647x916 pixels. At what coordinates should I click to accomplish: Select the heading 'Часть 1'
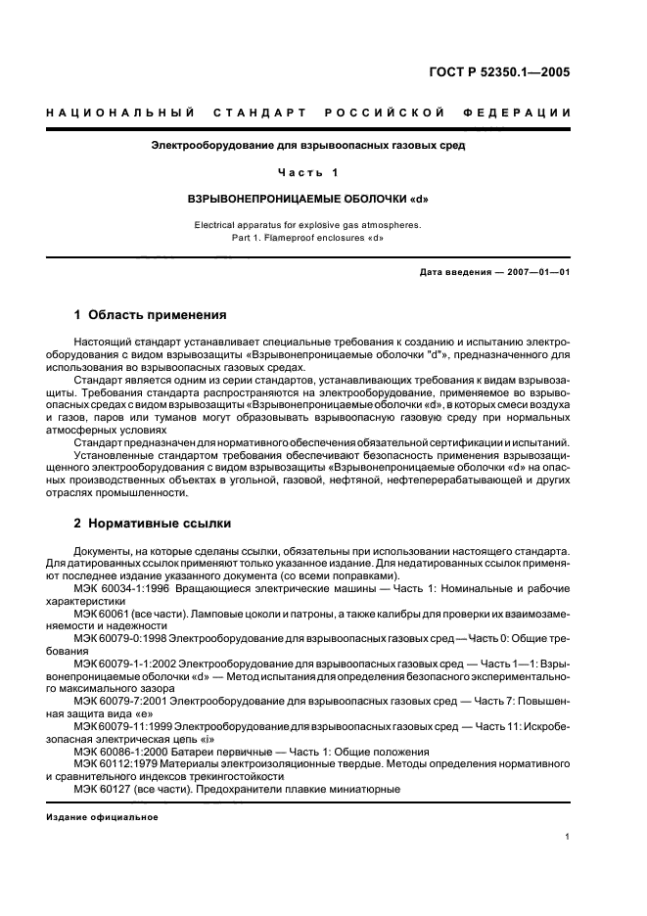coord(308,172)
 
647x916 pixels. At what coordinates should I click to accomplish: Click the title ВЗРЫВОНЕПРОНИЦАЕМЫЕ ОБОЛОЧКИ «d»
coord(308,198)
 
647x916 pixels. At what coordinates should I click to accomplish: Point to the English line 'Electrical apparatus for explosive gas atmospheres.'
coord(308,224)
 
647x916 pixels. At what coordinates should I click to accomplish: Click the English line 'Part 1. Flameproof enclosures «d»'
coord(308,237)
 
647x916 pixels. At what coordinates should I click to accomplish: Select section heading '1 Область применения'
coord(151,316)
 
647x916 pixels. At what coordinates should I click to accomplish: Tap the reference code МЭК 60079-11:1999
coord(120,726)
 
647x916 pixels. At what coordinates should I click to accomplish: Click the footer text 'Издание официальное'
coord(102,817)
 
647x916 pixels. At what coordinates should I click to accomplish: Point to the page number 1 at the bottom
coord(567,837)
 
